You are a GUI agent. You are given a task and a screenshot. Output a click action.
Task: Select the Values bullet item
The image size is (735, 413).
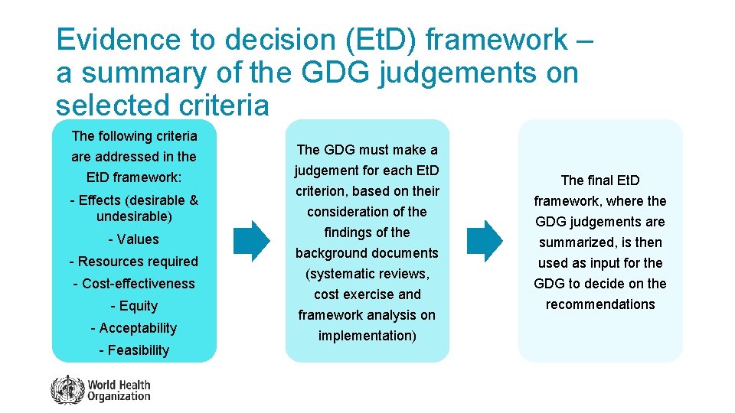point(134,239)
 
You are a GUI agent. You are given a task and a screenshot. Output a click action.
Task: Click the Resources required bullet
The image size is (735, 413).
point(134,262)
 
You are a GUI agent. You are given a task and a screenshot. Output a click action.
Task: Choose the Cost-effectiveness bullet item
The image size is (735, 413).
point(134,284)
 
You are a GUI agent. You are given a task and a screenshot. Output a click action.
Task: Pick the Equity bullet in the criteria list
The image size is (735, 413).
point(134,306)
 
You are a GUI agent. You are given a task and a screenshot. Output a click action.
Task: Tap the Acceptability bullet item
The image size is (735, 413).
point(134,328)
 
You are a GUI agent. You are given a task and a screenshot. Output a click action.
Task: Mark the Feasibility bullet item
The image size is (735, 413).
point(134,350)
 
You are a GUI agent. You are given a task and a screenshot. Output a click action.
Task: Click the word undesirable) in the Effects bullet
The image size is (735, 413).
point(134,216)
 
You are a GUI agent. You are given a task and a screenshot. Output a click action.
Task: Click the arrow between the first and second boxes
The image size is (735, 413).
point(251,242)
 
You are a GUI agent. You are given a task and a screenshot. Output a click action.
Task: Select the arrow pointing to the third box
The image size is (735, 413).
point(485,242)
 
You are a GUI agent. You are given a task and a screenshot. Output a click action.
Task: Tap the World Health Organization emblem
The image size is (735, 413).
point(67,390)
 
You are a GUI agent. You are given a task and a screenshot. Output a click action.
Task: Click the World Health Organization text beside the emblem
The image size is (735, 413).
point(119,390)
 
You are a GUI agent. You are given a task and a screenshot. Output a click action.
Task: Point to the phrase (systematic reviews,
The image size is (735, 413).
point(367,274)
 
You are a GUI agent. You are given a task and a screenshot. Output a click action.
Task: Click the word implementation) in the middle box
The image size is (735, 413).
point(367,336)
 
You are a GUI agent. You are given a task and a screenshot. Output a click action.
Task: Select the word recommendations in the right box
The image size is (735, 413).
point(600,304)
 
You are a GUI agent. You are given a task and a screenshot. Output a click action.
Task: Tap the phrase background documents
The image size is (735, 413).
point(367,253)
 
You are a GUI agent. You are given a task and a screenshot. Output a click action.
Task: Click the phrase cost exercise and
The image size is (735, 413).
point(367,294)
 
